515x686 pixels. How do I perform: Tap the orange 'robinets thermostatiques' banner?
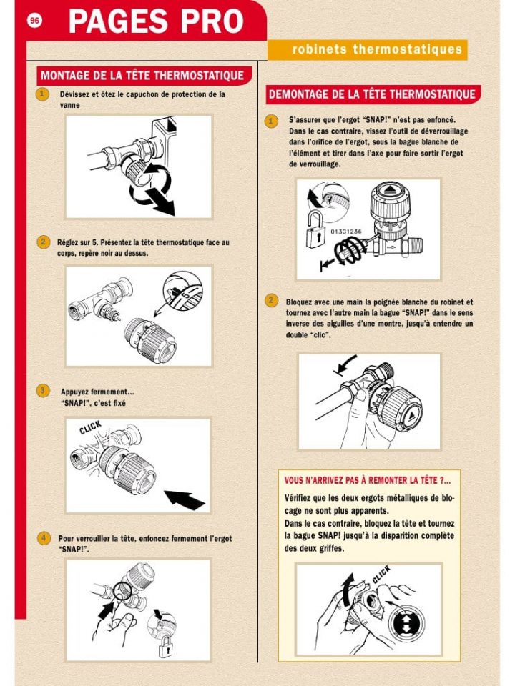point(367,49)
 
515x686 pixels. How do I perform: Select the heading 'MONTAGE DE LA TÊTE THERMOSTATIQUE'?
point(142,75)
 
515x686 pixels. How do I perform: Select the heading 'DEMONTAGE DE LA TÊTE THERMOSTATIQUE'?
point(371,94)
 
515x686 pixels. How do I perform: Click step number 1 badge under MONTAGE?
point(43,94)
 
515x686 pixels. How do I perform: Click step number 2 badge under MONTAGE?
point(43,242)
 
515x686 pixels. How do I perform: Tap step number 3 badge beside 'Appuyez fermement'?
point(43,390)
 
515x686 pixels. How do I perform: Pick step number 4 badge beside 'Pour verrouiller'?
point(43,537)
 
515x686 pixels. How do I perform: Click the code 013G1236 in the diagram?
point(345,232)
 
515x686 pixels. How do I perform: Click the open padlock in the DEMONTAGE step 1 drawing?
point(312,230)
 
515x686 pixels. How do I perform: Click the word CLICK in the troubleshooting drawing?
point(381,575)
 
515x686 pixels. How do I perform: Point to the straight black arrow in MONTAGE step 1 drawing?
point(160,200)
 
